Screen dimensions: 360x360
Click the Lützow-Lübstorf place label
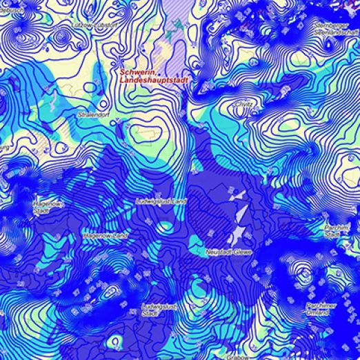(x=94, y=25)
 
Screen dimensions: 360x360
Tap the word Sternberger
(x=328, y=25)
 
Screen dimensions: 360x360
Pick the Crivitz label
(x=243, y=103)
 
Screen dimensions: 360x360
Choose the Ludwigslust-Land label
(x=161, y=201)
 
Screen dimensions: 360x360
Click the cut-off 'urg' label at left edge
(x=4, y=147)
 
